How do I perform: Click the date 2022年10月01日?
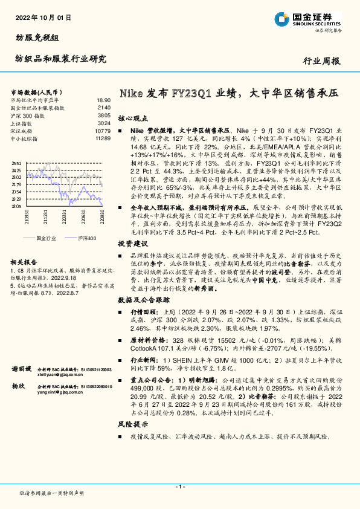pyautogui.click(x=41, y=18)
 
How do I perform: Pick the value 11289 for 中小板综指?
pyautogui.click(x=102, y=138)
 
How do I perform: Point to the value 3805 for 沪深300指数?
pyautogui.click(x=103, y=115)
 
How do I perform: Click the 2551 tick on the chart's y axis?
pyautogui.click(x=16, y=164)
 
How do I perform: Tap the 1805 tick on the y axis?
pyautogui.click(x=16, y=206)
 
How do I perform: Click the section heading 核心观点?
pyautogui.click(x=132, y=118)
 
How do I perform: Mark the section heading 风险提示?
pyautogui.click(x=132, y=426)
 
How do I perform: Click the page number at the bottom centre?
pyautogui.click(x=180, y=487)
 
